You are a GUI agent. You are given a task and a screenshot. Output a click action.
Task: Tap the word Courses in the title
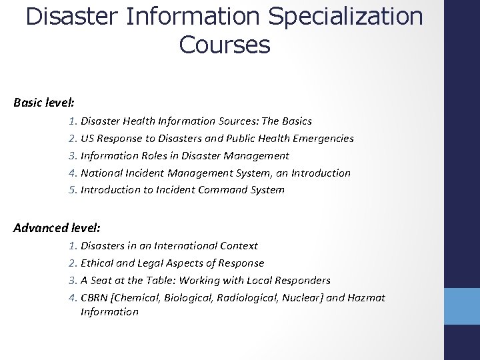[x=225, y=45]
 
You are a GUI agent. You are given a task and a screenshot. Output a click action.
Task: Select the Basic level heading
[x=44, y=103]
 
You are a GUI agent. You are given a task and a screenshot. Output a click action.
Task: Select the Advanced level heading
[x=57, y=228]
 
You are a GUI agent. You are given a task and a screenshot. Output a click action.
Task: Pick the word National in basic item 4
[x=100, y=173]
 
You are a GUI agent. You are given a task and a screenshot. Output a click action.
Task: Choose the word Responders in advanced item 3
[x=303, y=281]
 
